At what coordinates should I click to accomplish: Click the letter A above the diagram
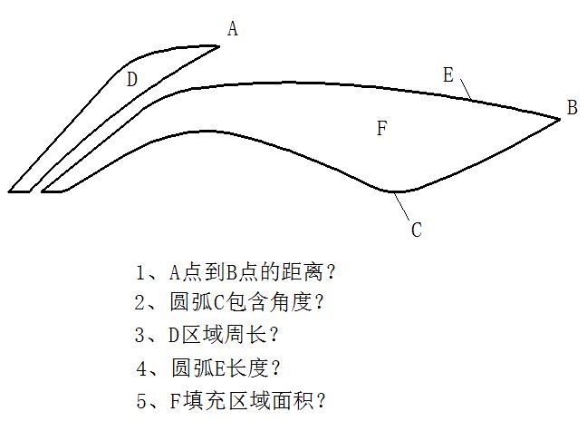233,28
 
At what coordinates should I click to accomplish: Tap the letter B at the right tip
572,107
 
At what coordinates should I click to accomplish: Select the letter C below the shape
417,230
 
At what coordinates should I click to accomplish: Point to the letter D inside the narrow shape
131,80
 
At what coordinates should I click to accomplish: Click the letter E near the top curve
448,74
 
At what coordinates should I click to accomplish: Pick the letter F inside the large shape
381,128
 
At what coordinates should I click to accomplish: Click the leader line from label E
467,89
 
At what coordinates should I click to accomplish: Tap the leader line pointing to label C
401,206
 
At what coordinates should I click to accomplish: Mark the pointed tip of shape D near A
219,46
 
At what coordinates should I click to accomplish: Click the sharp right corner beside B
560,119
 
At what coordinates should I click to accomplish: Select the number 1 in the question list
140,272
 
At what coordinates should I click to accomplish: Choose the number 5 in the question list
141,401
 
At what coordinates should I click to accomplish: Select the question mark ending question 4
274,367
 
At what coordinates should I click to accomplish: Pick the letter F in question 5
175,401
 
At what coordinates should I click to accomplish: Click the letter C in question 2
219,302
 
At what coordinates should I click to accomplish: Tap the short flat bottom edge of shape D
19,191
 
